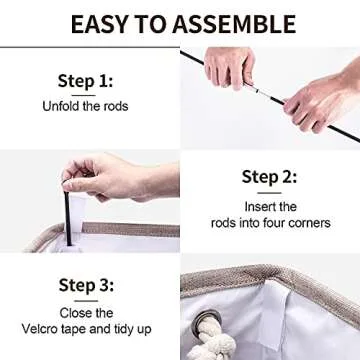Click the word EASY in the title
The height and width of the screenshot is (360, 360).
[100, 24]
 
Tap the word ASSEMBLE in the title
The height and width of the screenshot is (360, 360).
[234, 24]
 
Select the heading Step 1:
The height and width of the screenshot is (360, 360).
[85, 82]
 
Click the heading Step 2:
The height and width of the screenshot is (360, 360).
[269, 177]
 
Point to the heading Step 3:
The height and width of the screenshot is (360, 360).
[86, 285]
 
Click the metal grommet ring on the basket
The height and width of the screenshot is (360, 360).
[208, 319]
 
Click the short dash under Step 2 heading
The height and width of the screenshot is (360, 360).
[269, 193]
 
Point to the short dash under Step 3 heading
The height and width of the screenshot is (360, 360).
[86, 301]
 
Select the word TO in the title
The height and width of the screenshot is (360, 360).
[151, 24]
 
